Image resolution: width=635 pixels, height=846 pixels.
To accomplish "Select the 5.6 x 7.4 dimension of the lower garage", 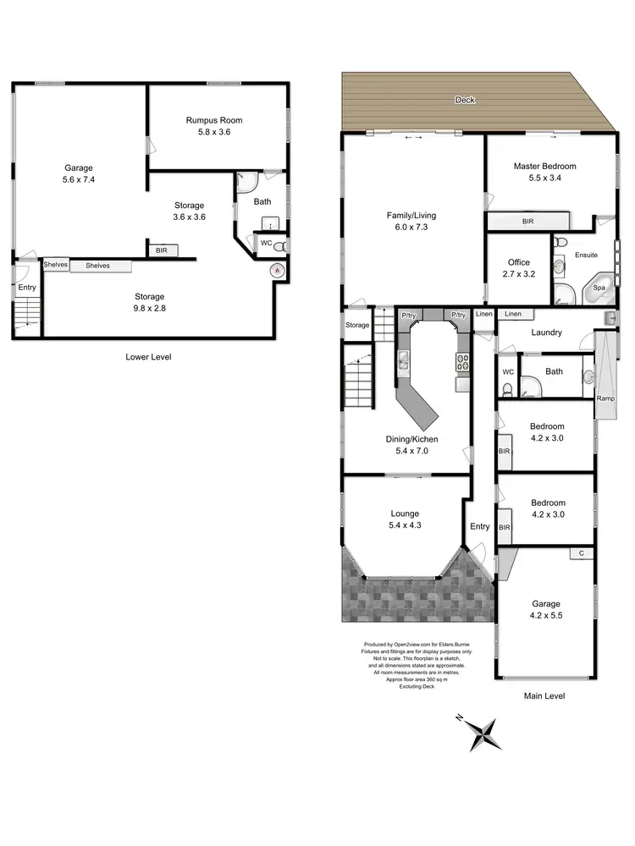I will coord(79,180).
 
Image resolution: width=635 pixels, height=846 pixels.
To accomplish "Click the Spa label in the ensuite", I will coord(599,288).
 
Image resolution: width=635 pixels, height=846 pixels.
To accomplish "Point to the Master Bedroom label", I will coord(544,167).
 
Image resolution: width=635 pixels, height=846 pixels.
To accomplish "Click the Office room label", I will coord(518,263).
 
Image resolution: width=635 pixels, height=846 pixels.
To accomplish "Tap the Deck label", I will coord(465,100).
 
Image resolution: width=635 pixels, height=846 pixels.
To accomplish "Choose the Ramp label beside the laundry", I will coord(605,398).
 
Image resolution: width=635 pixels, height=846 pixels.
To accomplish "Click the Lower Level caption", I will coord(148,357).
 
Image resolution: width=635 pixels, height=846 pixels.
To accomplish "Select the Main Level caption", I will coord(544,695).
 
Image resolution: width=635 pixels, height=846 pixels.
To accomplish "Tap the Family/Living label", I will coord(411,216).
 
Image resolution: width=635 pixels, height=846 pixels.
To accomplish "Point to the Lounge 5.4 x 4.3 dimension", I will coord(405,525).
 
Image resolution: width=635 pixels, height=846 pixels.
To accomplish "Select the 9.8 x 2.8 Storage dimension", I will coord(148,309).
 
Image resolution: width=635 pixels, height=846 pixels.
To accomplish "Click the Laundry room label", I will coord(546,332).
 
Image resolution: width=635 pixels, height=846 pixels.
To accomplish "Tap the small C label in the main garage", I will coord(581,553).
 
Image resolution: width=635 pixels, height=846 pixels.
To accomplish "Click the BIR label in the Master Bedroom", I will coord(528,221).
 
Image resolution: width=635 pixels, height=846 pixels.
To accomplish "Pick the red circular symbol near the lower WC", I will coord(275,271).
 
